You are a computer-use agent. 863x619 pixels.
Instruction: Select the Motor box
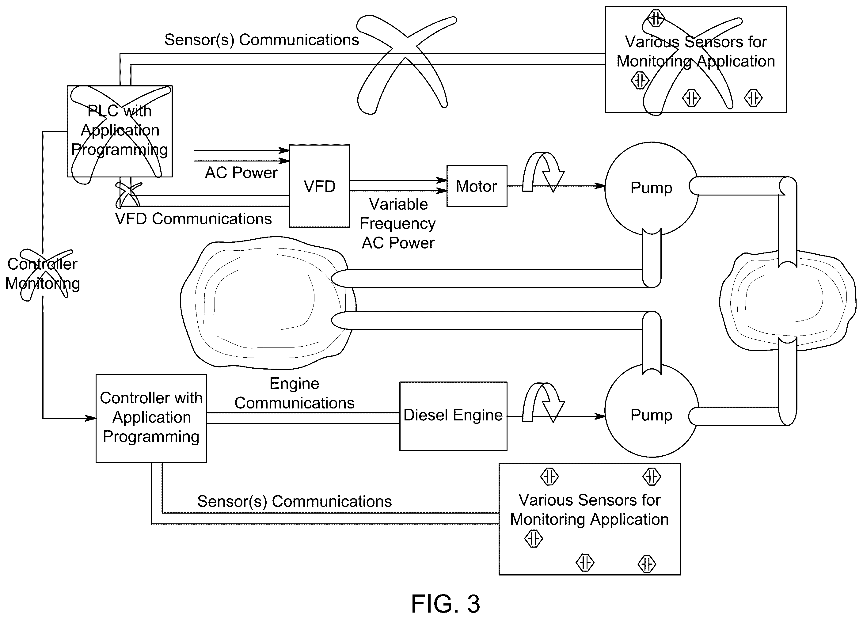477,186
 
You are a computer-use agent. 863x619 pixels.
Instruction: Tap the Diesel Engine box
453,416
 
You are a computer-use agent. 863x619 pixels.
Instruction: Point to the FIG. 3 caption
446,604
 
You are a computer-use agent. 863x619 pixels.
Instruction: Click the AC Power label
241,173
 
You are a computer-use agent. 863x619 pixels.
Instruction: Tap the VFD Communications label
193,219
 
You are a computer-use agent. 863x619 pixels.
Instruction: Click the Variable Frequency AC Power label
397,224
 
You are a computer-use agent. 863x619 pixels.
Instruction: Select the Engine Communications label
294,393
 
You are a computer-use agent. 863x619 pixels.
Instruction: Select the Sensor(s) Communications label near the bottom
294,501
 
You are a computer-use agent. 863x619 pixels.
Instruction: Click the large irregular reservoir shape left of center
268,302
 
